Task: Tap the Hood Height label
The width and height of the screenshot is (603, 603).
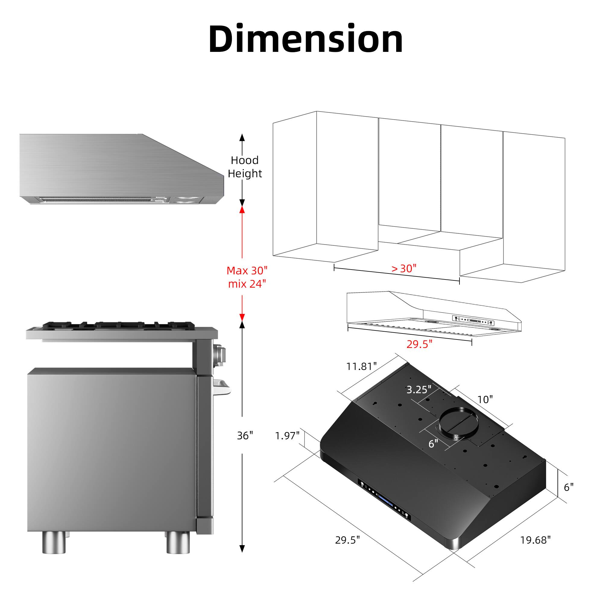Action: [245, 167]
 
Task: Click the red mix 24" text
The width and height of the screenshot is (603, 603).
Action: [247, 284]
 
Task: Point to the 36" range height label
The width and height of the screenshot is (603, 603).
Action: [245, 436]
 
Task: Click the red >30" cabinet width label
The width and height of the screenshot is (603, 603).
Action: [404, 268]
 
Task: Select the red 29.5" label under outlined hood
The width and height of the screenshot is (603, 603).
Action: [419, 344]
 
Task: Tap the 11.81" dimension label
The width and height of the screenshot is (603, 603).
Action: [361, 366]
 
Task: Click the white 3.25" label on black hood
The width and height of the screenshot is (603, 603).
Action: [418, 390]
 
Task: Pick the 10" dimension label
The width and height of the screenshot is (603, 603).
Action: [485, 399]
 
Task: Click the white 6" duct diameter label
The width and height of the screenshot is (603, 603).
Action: [433, 444]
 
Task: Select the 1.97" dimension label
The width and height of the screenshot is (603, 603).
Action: [287, 436]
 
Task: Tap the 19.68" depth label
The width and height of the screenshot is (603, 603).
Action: [535, 540]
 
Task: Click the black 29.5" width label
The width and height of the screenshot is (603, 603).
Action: [347, 540]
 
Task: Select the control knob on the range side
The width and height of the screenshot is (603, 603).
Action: [220, 355]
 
